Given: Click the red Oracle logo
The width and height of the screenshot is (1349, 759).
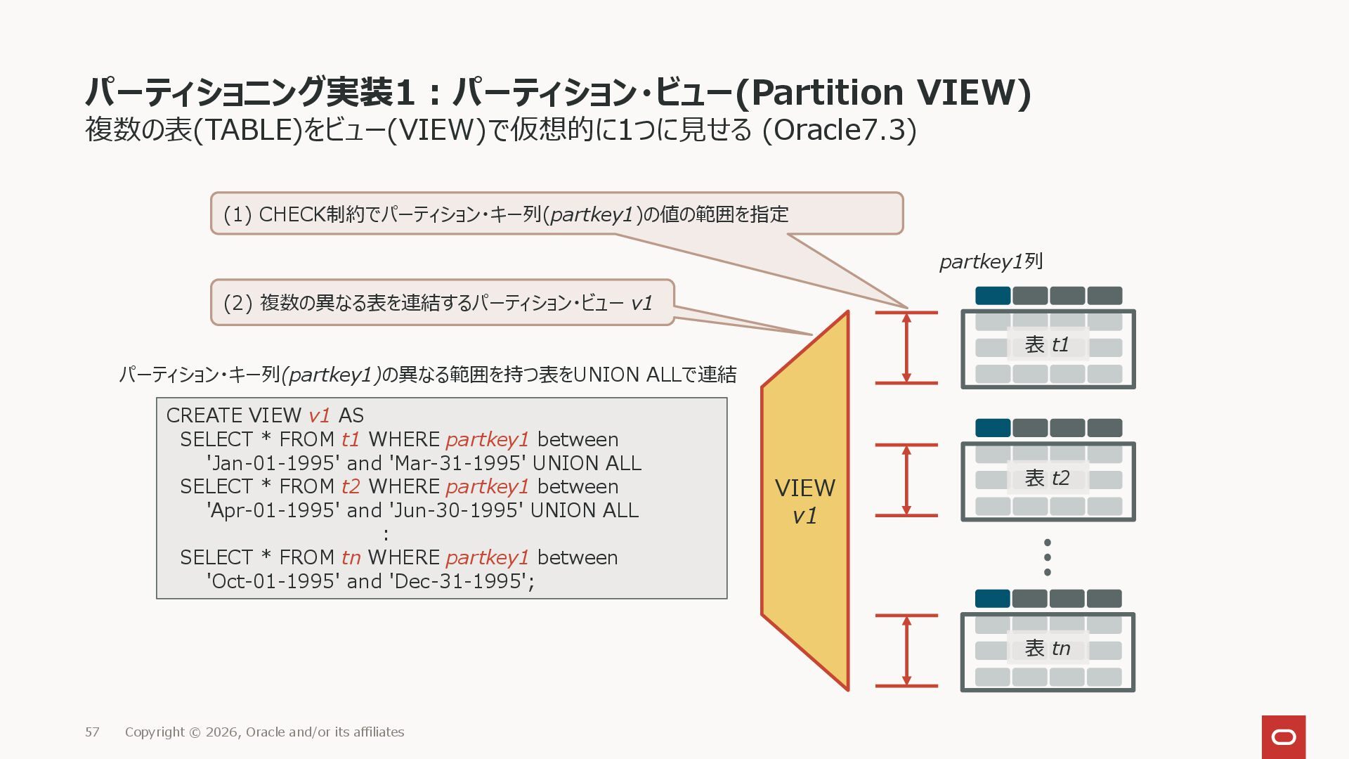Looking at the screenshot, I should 1284,737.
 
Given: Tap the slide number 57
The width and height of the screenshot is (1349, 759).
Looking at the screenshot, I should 92,732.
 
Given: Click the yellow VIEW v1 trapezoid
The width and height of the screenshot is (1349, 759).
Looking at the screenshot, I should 805,502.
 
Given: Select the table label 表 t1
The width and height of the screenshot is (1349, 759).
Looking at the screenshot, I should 1047,345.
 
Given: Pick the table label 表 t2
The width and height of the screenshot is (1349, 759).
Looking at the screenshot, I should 1047,479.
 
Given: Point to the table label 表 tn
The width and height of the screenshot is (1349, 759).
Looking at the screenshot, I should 1047,649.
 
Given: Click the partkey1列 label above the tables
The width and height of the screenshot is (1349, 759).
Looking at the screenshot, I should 991,262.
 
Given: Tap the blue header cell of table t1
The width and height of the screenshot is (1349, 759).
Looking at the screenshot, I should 993,296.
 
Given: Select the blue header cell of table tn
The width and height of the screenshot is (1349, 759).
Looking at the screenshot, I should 993,599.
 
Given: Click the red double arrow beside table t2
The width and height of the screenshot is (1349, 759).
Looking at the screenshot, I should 906,481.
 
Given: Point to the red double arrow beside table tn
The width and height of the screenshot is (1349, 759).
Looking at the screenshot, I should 906,651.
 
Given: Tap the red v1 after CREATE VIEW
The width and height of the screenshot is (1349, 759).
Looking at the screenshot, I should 319,416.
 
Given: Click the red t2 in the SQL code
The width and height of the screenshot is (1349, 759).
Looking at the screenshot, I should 351,487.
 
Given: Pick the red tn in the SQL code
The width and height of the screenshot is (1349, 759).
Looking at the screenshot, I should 351,558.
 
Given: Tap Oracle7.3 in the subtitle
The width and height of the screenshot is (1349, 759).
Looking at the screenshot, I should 840,131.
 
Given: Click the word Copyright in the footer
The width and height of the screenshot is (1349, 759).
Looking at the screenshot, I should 155,732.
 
